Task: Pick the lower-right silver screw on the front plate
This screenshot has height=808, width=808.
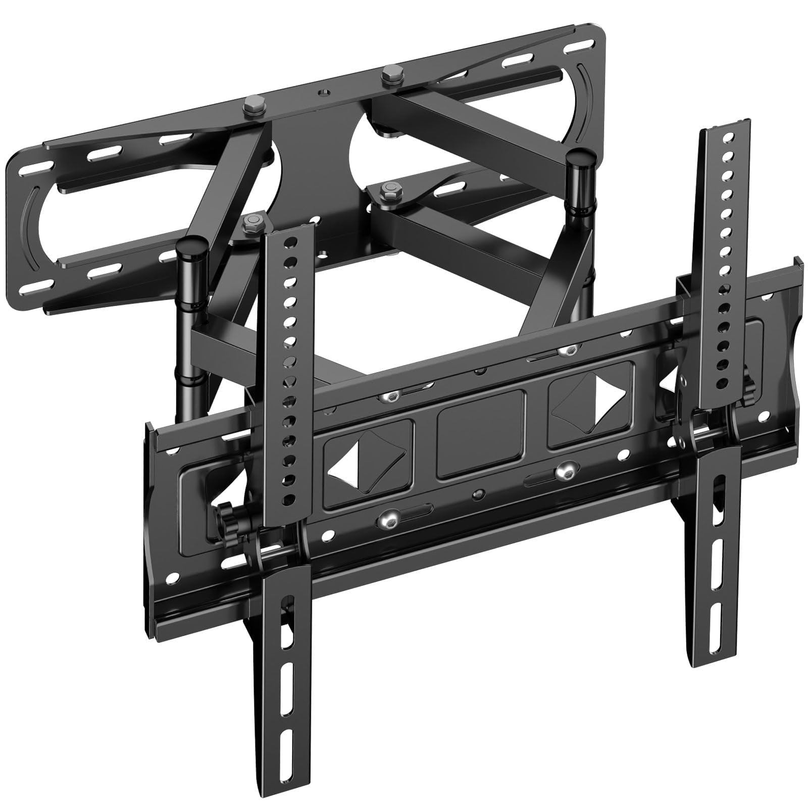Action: click(x=562, y=471)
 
